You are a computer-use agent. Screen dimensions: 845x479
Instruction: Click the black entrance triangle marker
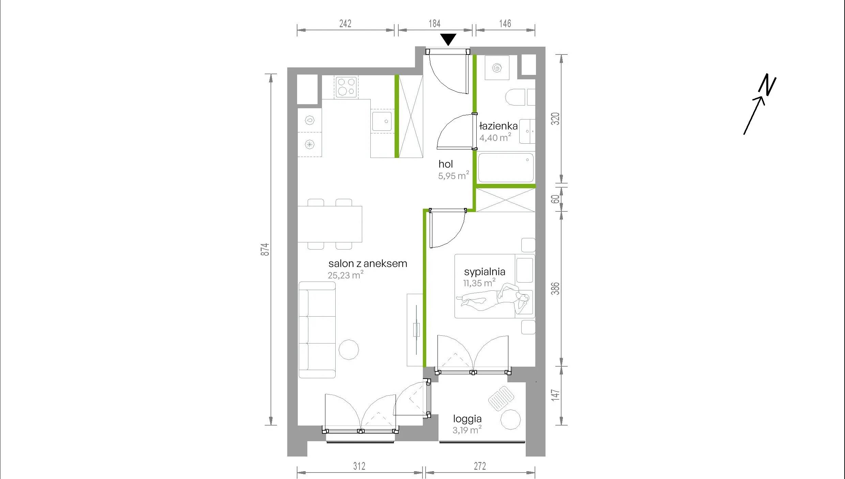448,39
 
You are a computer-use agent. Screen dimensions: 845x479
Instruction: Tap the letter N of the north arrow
767,84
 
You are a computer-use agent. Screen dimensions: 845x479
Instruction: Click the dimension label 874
265,250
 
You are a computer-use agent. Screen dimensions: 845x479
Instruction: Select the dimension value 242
345,23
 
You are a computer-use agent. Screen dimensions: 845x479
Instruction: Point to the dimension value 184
434,23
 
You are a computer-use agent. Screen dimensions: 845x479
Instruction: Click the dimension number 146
505,23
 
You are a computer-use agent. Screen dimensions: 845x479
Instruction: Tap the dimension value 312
359,466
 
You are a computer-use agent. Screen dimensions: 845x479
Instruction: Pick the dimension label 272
480,466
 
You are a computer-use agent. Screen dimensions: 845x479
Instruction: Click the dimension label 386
555,288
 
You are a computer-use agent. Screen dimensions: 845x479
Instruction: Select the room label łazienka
498,126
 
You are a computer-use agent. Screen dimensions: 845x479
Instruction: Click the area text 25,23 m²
345,275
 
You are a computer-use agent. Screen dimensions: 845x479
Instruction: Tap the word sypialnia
485,272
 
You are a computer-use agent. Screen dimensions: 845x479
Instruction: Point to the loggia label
467,419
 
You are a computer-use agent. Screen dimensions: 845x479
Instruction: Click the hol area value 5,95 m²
454,175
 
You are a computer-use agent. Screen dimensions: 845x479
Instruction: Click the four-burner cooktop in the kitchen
346,87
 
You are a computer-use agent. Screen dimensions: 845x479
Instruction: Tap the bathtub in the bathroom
506,167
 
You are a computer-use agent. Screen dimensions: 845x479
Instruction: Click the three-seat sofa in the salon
317,330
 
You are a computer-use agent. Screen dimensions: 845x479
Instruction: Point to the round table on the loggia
510,419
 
